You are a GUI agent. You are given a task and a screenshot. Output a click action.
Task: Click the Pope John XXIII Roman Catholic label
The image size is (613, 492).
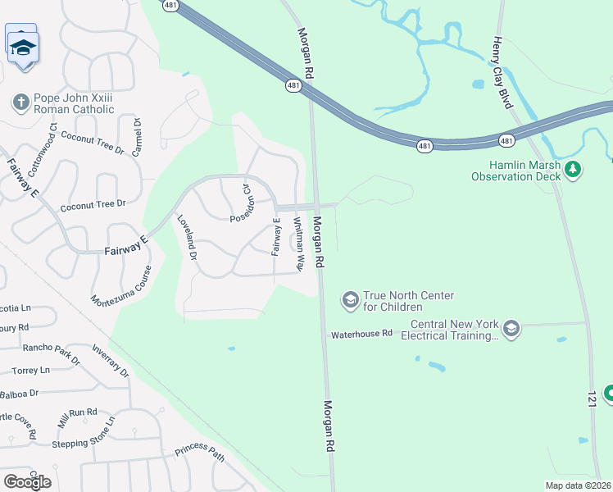pyautogui.click(x=73, y=103)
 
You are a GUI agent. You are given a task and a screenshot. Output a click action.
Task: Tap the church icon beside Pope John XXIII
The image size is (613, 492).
pyautogui.click(x=20, y=102)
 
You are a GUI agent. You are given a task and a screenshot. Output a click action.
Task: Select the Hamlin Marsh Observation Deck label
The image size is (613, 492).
pyautogui.click(x=516, y=170)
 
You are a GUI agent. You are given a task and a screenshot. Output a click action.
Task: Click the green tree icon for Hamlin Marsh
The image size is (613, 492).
pyautogui.click(x=574, y=170)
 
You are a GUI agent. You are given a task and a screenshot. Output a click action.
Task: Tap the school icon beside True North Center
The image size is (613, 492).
pyautogui.click(x=350, y=301)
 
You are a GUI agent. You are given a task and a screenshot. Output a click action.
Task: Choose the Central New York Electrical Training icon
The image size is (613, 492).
pyautogui.click(x=511, y=329)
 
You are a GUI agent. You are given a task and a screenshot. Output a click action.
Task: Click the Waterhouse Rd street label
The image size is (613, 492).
pyautogui.click(x=361, y=335)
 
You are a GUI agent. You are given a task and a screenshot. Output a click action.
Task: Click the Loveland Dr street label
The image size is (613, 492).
pyautogui.click(x=188, y=238)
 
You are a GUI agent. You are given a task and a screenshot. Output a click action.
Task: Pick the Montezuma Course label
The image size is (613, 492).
pyautogui.click(x=121, y=285)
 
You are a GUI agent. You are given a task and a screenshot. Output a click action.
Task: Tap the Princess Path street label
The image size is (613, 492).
pyautogui.click(x=199, y=453)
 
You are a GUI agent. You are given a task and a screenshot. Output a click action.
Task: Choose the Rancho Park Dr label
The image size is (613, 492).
pyautogui.click(x=51, y=353)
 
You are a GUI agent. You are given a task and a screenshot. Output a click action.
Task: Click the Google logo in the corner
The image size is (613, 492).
pyautogui.click(x=27, y=481)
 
